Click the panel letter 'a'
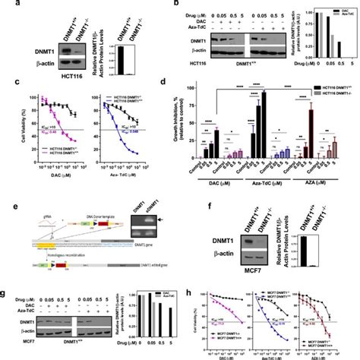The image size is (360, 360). point(6,7)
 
